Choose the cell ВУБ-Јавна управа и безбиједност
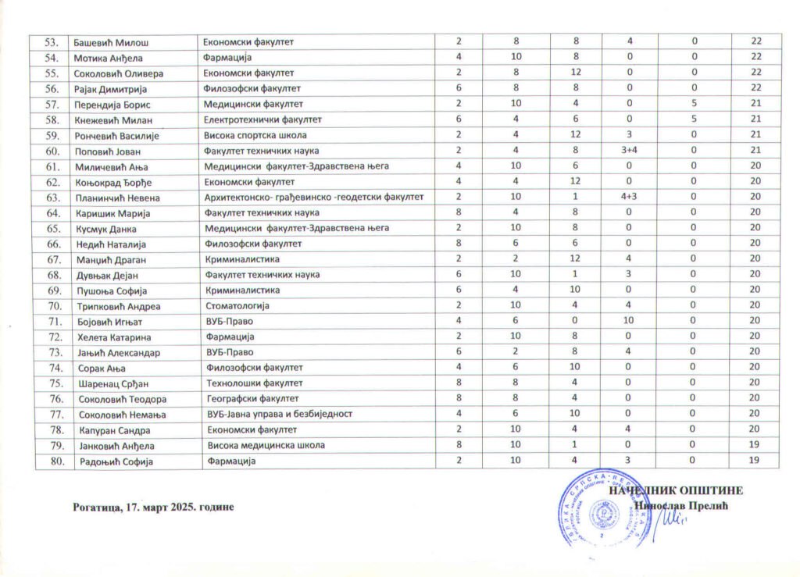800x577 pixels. click(x=279, y=414)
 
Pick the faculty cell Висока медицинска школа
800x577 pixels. click(x=266, y=446)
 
